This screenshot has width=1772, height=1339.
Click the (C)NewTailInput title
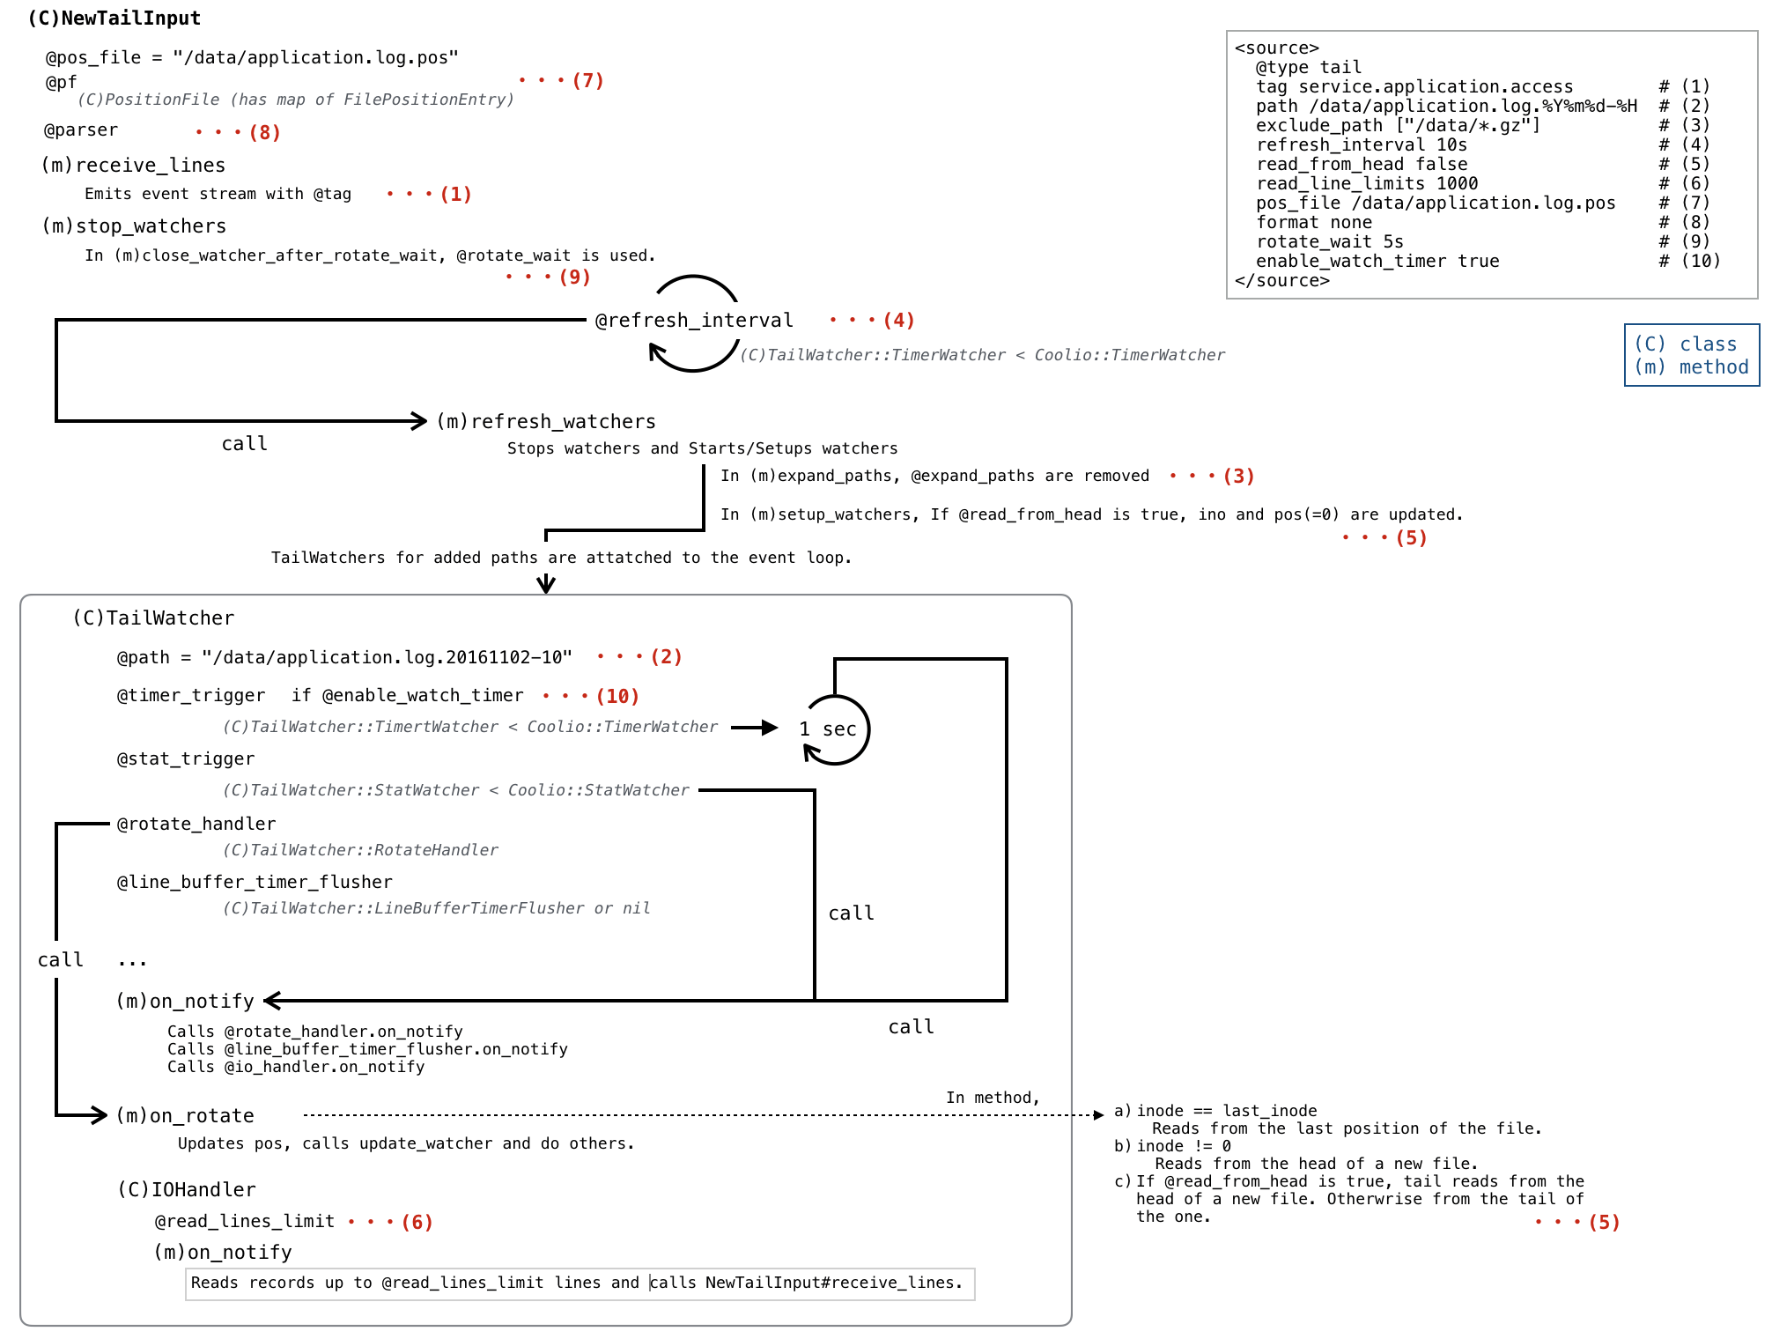pyautogui.click(x=114, y=18)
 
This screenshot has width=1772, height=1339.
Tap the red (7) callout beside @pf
pyautogui.click(x=587, y=81)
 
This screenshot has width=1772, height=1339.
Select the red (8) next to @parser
pyautogui.click(x=264, y=133)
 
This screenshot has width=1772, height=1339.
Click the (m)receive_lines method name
pyautogui.click(x=134, y=166)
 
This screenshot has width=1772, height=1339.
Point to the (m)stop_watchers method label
pyautogui.click(x=134, y=226)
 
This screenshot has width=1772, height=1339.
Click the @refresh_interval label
pyautogui.click(x=694, y=321)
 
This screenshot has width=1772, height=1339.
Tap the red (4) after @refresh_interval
pyautogui.click(x=898, y=321)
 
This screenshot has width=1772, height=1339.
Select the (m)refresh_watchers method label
pyautogui.click(x=546, y=422)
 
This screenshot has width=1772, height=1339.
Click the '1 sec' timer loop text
pyautogui.click(x=828, y=729)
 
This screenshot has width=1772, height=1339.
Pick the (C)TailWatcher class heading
pyautogui.click(x=153, y=618)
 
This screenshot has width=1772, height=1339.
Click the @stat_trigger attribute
pyautogui.click(x=186, y=759)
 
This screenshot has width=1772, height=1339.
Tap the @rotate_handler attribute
pyautogui.click(x=196, y=825)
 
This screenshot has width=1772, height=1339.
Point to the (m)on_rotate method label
pyautogui.click(x=185, y=1116)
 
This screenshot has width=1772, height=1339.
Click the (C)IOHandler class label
pyautogui.click(x=187, y=1190)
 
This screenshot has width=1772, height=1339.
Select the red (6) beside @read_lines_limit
pyautogui.click(x=417, y=1223)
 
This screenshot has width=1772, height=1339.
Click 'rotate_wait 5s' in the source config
pyautogui.click(x=1329, y=242)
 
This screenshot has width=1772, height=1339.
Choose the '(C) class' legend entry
pyautogui.click(x=1685, y=344)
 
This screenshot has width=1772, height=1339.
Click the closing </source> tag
pyautogui.click(x=1281, y=281)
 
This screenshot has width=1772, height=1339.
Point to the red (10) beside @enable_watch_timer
pyautogui.click(x=617, y=697)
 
